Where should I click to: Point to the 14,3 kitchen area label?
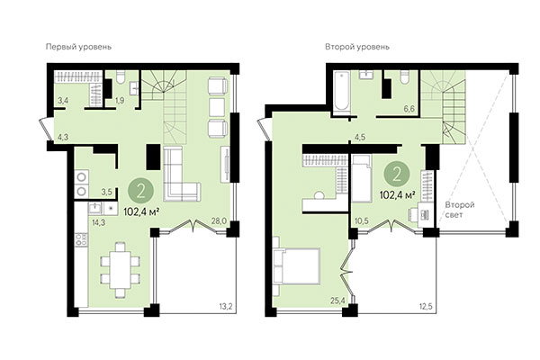pos(96,220)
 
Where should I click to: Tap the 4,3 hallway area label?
pos(62,138)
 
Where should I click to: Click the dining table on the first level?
pos(118,266)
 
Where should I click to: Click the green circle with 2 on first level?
pos(139,190)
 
